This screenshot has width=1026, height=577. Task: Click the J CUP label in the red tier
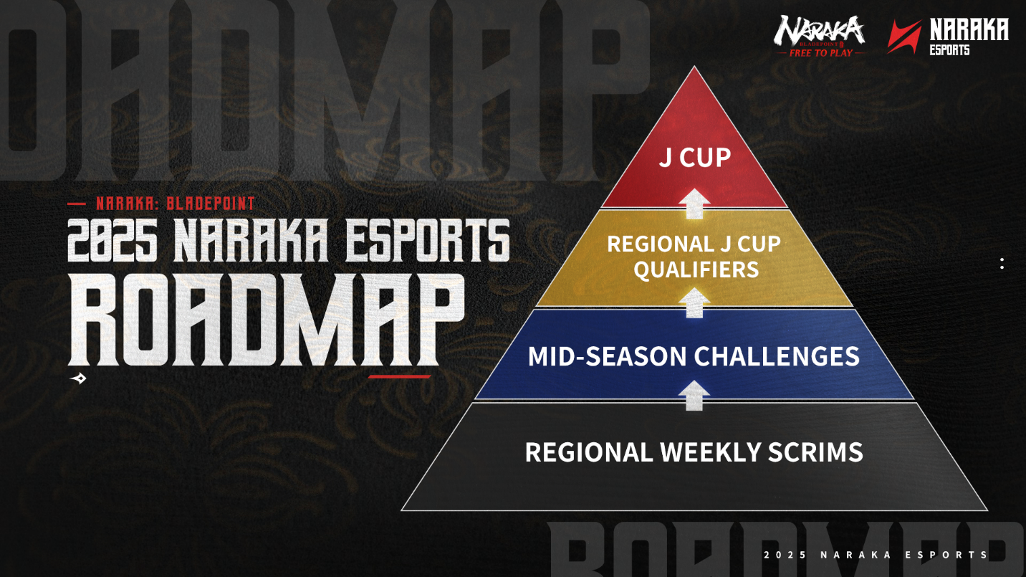[x=694, y=158]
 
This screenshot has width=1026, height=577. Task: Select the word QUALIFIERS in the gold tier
[x=696, y=269]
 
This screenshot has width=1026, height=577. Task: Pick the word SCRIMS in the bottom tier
[x=815, y=452]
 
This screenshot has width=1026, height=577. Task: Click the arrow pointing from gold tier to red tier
[x=694, y=204]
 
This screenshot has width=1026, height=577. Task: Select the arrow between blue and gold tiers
[x=694, y=302]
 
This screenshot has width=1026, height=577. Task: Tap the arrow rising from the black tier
[x=694, y=395]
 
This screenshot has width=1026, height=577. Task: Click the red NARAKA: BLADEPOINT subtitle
[x=176, y=204]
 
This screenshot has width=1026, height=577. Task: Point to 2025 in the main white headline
[x=112, y=240]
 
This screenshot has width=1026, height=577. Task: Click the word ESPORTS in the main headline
[x=427, y=240]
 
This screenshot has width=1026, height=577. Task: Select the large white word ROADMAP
[x=267, y=320]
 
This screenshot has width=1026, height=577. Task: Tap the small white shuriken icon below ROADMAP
[x=79, y=378]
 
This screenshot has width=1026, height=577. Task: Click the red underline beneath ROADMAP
[x=399, y=377]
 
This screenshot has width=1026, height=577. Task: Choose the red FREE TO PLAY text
[x=821, y=53]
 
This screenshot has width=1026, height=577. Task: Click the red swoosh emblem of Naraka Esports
[x=904, y=37]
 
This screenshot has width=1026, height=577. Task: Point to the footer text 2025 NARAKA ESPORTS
[x=876, y=555]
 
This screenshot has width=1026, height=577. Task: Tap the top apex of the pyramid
[x=694, y=67]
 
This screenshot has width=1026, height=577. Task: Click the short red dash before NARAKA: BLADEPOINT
[x=77, y=204]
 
